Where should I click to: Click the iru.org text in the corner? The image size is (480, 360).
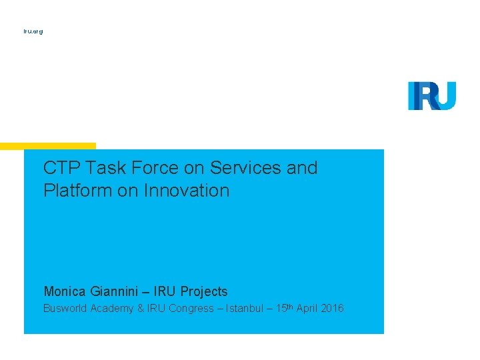33,31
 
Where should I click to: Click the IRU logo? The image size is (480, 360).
432,95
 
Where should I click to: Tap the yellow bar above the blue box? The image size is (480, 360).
48,145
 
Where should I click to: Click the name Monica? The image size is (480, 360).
65,291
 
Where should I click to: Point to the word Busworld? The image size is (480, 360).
65,309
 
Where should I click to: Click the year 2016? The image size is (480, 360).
332,309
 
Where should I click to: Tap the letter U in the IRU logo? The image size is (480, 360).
445,95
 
